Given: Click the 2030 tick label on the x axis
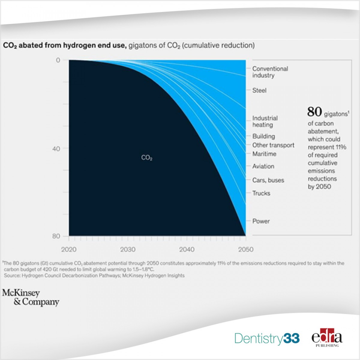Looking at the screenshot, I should [128, 249].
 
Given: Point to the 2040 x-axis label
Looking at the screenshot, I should [187, 249].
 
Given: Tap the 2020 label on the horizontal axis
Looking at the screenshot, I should [69, 249].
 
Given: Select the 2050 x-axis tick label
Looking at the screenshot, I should [246, 249].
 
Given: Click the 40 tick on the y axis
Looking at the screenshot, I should [56, 148].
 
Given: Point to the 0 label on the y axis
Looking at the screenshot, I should [58, 60].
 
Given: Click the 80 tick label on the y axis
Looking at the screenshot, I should [56, 236].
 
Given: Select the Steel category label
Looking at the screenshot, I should [259, 90].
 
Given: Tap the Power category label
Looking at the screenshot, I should [261, 221].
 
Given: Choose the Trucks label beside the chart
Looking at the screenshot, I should [261, 193].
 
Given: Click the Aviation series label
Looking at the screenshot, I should [263, 166].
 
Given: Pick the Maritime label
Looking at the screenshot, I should [264, 154].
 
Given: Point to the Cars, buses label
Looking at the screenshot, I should [268, 180].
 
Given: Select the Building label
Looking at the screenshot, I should [263, 136].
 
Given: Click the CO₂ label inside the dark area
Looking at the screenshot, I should [147, 157].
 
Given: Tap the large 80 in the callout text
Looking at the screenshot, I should [314, 112].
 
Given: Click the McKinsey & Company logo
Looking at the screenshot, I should [31, 297].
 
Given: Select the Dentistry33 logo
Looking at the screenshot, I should [267, 338].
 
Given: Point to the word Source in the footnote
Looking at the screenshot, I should [12, 275].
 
